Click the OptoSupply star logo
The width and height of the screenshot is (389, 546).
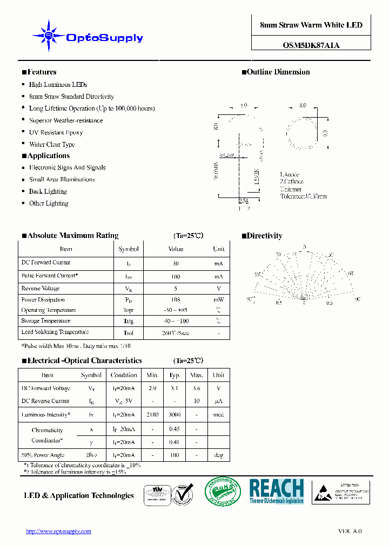point(49,36)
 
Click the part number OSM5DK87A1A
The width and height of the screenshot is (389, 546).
point(311,45)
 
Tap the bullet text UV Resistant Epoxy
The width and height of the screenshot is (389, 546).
point(56,133)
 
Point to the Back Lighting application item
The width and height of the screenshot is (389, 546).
point(48,192)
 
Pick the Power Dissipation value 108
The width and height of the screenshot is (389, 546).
point(176,299)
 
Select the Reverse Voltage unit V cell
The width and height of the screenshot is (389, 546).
point(219,289)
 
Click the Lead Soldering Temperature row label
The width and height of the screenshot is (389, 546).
point(55,332)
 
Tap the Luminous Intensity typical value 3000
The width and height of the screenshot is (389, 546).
point(175,415)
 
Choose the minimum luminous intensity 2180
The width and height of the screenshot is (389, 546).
point(152,415)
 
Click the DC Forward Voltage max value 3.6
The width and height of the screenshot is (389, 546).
point(197,388)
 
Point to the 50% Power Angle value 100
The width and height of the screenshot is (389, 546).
point(175,455)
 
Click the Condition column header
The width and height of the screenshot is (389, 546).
point(124,375)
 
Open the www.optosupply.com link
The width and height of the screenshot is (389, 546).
point(58,531)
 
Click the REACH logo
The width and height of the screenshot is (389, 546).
point(277,492)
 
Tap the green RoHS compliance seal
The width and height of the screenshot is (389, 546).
point(222,493)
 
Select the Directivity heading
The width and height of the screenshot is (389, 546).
point(265,236)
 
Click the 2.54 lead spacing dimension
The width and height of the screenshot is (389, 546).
point(244,201)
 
